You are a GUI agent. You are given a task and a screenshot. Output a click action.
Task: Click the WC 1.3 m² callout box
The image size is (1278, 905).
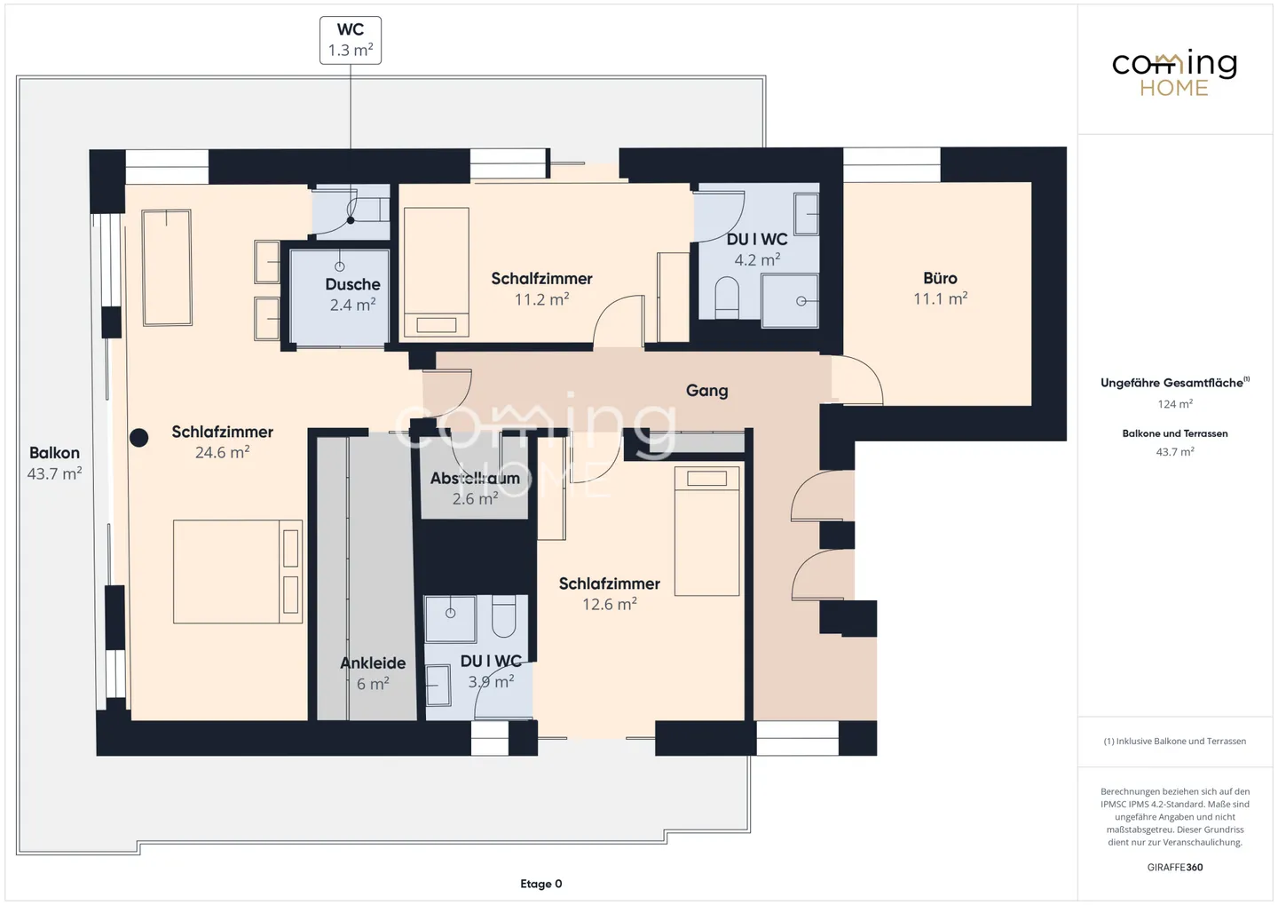point(351,40)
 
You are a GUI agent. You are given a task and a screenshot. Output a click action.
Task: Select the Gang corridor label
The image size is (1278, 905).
point(706,390)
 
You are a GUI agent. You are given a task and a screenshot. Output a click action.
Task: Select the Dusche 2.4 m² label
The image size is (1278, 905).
point(352,294)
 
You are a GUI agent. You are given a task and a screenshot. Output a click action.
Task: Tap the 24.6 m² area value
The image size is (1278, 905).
point(222,453)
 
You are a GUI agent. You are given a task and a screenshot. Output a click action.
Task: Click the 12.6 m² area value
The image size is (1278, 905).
point(609,605)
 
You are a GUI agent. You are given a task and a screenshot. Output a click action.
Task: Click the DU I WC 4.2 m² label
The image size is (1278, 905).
point(757,250)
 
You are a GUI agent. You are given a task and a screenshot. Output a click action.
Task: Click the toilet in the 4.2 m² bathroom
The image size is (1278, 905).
point(727,298)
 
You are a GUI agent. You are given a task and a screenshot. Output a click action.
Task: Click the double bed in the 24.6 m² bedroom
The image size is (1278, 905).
point(237,571)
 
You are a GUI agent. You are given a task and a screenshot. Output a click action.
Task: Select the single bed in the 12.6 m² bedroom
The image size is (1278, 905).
point(706,531)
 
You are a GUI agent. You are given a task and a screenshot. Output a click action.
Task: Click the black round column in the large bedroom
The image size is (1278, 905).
point(139,437)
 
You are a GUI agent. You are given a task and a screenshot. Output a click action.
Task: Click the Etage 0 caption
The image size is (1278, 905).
point(540,884)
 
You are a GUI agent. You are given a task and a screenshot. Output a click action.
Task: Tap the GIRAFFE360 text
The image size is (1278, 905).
point(1174,867)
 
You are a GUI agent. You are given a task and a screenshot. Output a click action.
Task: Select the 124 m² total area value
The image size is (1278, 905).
point(1174,404)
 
